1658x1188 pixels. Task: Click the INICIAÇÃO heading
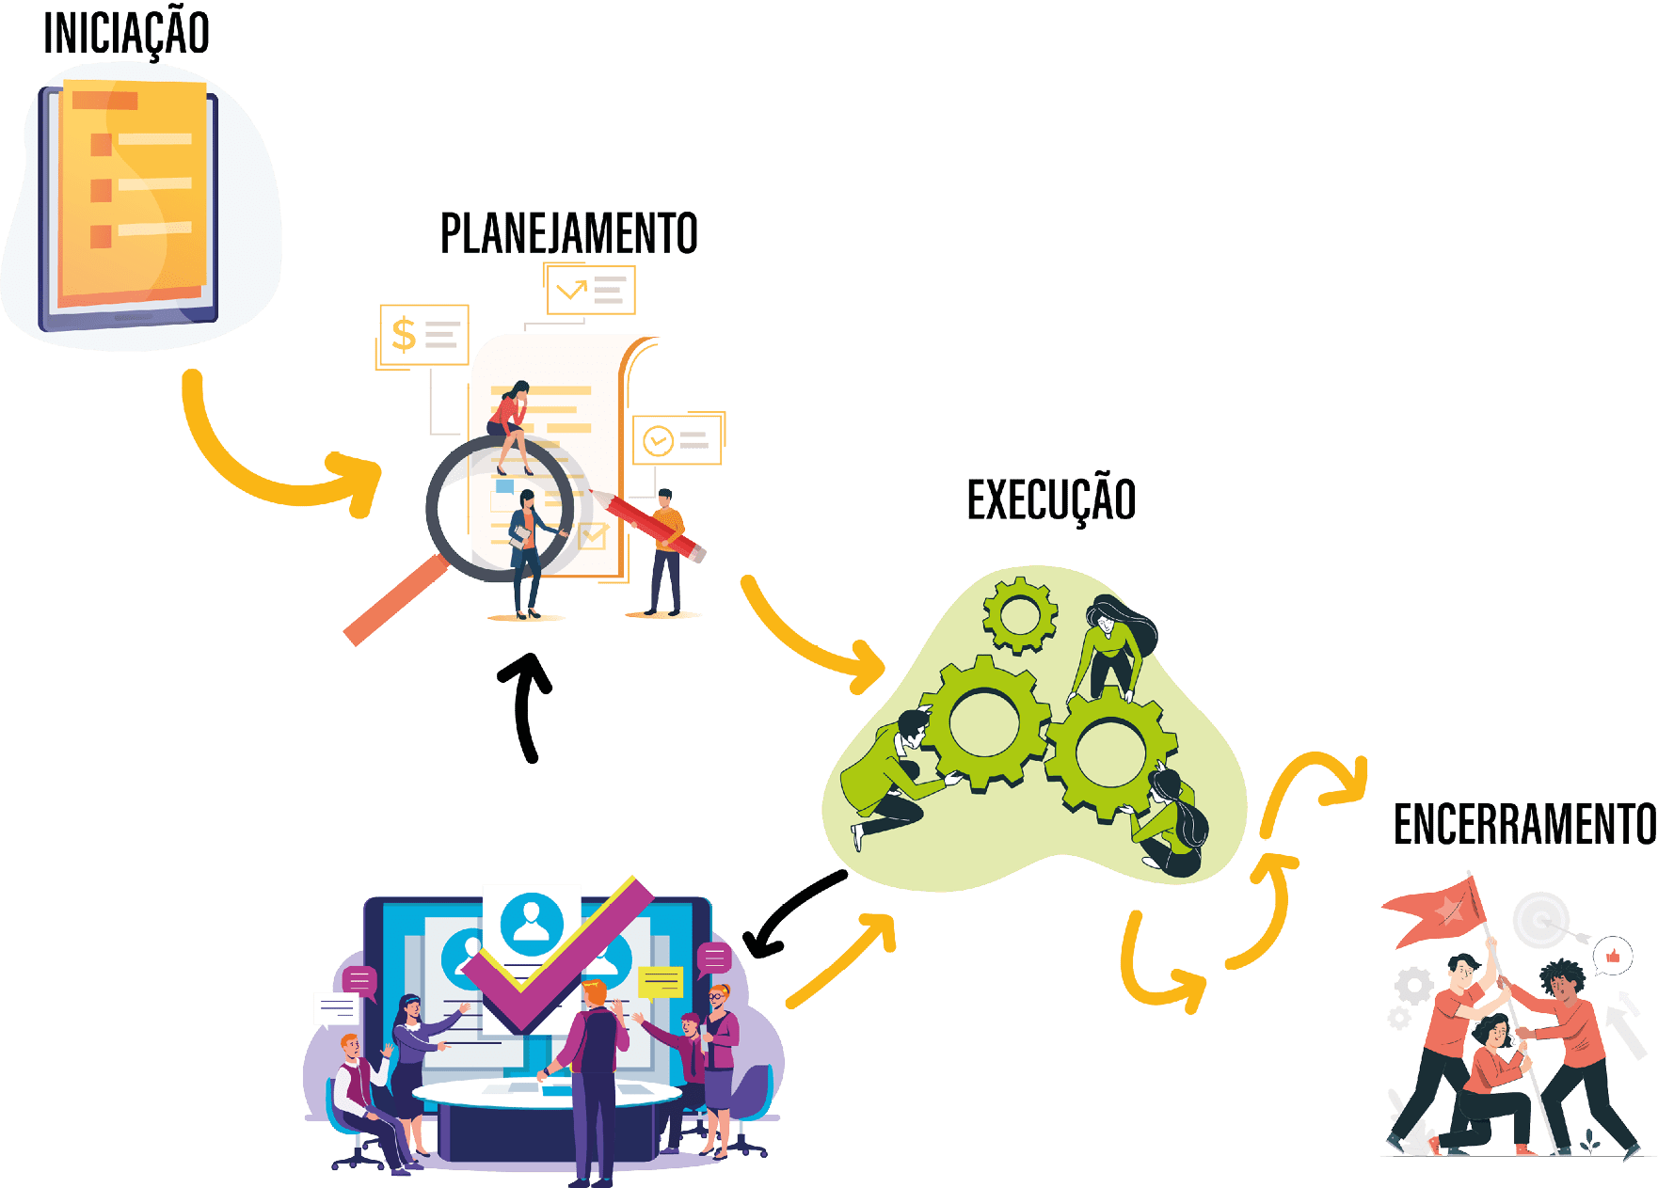126,34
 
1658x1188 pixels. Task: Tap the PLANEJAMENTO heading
568,234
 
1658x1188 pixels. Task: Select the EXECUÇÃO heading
1051,499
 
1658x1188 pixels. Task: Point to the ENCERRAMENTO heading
1523,825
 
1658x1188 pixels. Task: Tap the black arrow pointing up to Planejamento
527,705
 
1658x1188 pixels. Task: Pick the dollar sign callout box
423,335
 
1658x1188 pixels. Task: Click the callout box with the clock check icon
677,439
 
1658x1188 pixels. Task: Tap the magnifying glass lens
499,508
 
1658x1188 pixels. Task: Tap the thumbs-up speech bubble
1613,957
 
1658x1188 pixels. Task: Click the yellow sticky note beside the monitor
661,982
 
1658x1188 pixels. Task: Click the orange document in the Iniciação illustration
132,193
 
